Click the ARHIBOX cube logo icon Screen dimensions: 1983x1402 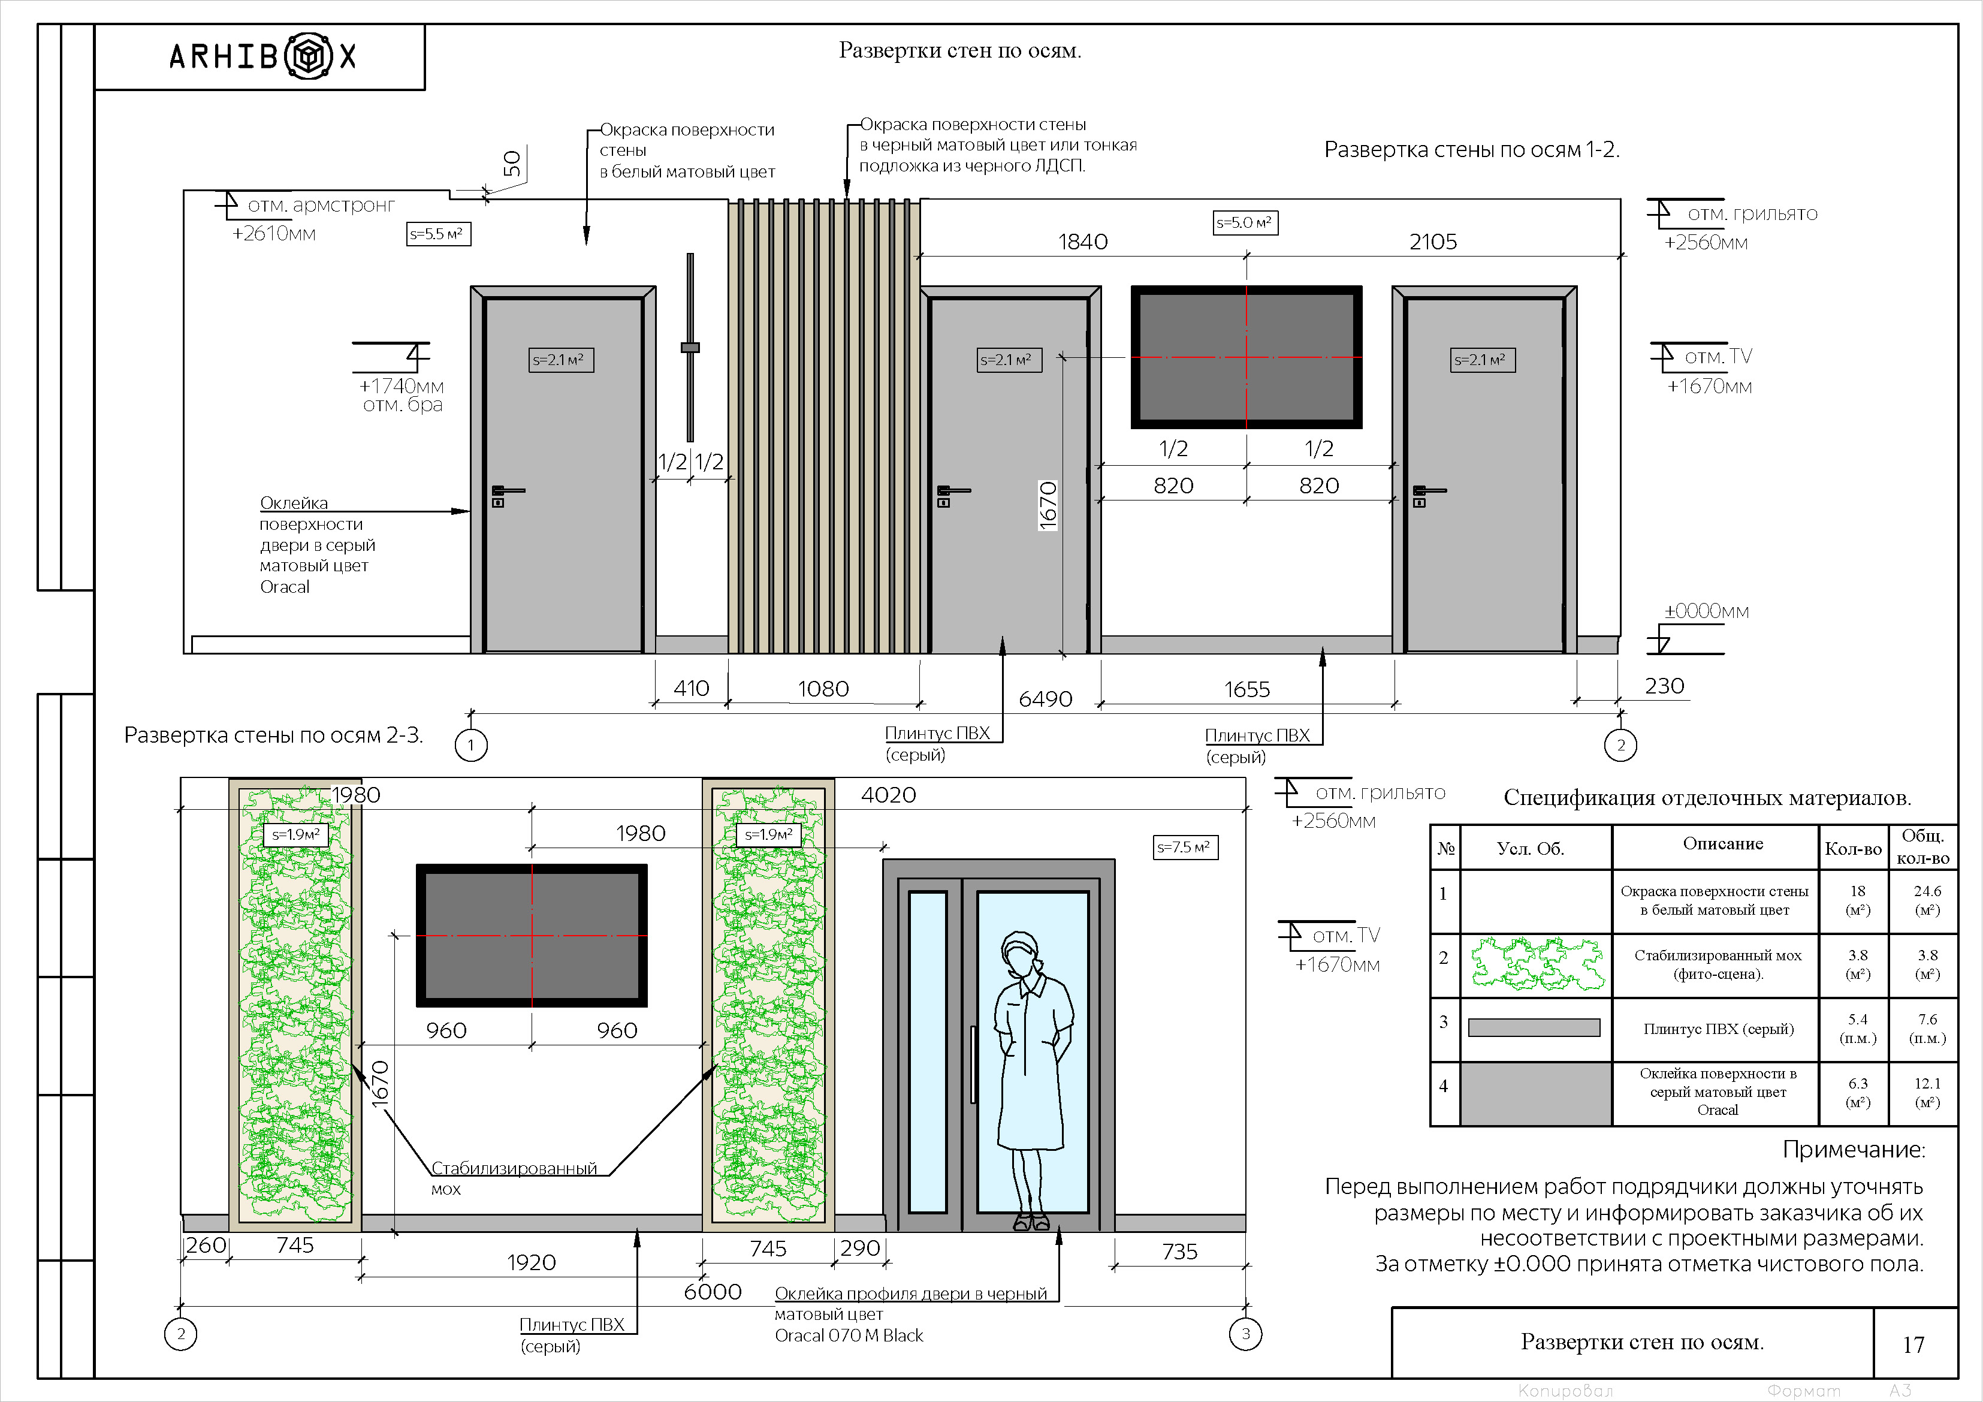click(x=309, y=57)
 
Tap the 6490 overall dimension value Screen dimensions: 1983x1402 click(x=1045, y=699)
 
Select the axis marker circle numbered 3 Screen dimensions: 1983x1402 click(x=1245, y=1334)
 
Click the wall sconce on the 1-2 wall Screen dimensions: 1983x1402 click(x=690, y=347)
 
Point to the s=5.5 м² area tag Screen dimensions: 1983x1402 click(x=439, y=234)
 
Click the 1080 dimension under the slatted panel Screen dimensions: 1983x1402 click(x=823, y=689)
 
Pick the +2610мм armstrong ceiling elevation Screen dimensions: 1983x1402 click(x=274, y=233)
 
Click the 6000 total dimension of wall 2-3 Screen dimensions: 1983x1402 click(x=713, y=1292)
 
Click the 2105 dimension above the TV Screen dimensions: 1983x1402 click(x=1433, y=242)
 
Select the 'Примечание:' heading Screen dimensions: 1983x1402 click(x=1854, y=1150)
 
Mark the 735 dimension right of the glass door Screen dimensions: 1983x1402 click(x=1180, y=1252)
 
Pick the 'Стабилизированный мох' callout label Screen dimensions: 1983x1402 click(x=514, y=1178)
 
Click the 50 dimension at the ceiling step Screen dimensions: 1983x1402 click(x=512, y=163)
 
